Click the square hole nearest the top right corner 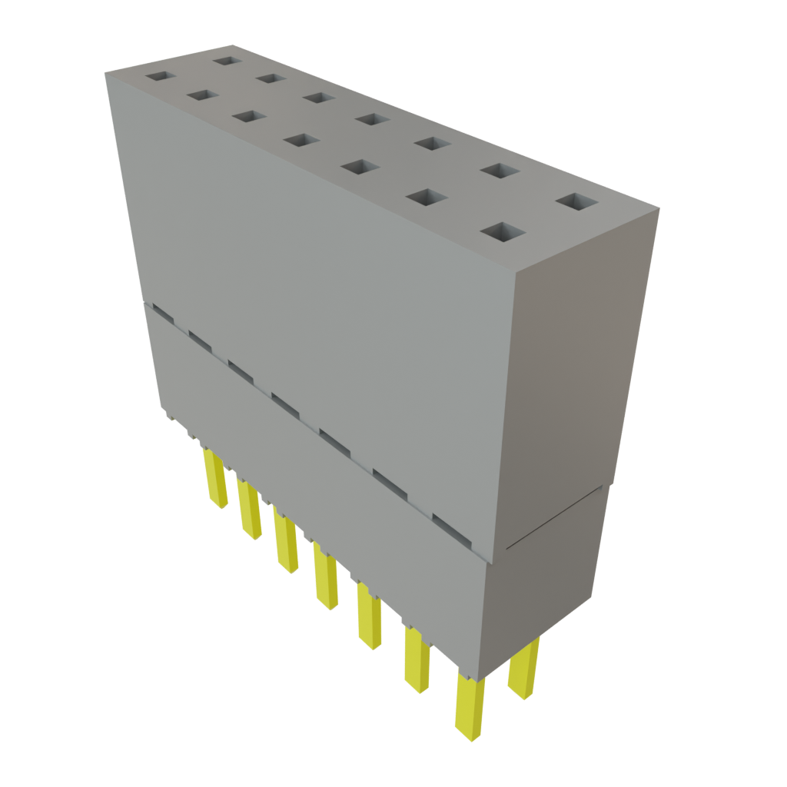tap(576, 202)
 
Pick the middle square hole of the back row tap(371, 119)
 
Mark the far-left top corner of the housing tap(105, 71)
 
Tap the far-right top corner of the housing tap(659, 206)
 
